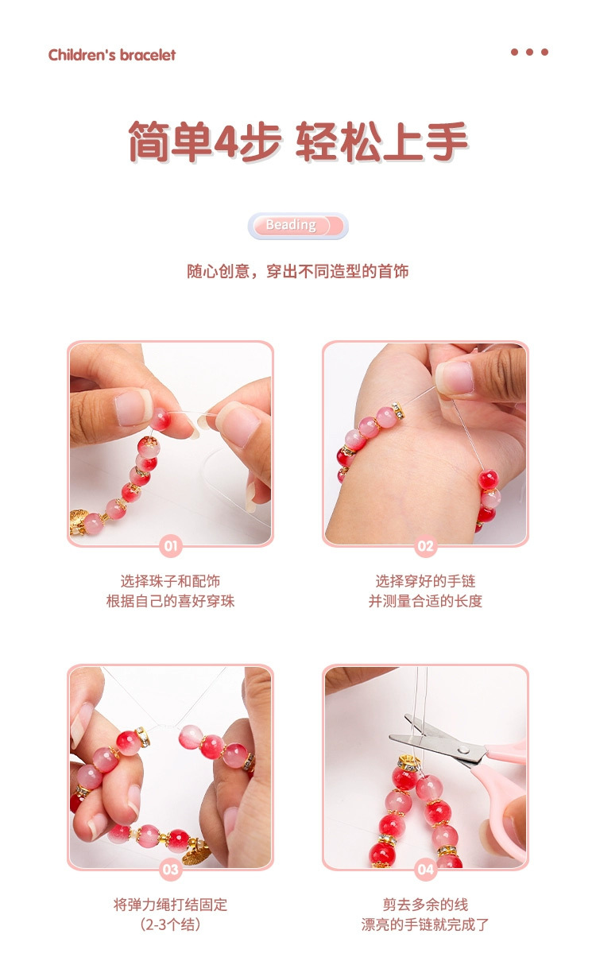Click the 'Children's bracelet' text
click(x=111, y=55)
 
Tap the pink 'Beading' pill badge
click(x=297, y=226)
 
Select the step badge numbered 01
click(x=170, y=546)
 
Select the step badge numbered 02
click(x=425, y=546)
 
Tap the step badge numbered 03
click(x=170, y=869)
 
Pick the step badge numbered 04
click(x=425, y=869)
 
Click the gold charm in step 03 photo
click(x=196, y=855)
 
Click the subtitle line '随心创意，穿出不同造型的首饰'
click(x=297, y=271)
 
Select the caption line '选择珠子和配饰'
click(x=170, y=581)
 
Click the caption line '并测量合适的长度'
click(x=425, y=601)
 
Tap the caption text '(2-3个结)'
click(x=170, y=924)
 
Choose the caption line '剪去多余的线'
click(x=425, y=905)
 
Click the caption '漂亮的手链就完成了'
click(x=425, y=924)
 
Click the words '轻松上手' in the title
click(x=381, y=144)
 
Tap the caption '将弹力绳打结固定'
click(x=170, y=905)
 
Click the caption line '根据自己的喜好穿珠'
click(x=170, y=601)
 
